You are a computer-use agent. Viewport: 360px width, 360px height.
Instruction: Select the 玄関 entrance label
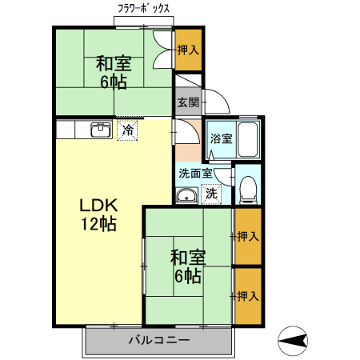pyautogui.click(x=188, y=102)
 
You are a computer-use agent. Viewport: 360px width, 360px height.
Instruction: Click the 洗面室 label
pyautogui.click(x=195, y=173)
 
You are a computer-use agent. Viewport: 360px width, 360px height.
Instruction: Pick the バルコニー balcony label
pyautogui.click(x=159, y=341)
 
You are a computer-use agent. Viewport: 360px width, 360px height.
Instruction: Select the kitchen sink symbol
pyautogui.click(x=100, y=130)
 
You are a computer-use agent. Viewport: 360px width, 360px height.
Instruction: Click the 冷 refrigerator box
pyautogui.click(x=127, y=130)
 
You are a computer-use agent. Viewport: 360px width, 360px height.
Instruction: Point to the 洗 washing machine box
pyautogui.click(x=211, y=193)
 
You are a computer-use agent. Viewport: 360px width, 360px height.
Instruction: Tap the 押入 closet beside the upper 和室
pyautogui.click(x=188, y=50)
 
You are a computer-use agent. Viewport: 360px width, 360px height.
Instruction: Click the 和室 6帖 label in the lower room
pyautogui.click(x=188, y=267)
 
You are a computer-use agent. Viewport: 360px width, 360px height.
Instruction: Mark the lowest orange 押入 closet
pyautogui.click(x=248, y=296)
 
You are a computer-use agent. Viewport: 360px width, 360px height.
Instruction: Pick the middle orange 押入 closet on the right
pyautogui.click(x=248, y=236)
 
